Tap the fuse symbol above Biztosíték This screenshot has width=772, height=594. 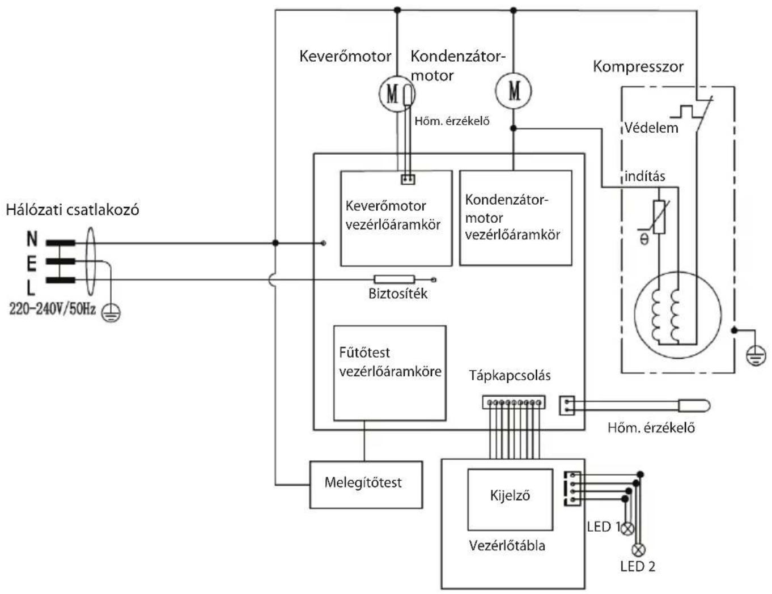click(x=395, y=279)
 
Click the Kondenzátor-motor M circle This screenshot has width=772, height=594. click(x=514, y=91)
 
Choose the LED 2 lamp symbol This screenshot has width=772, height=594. click(x=638, y=550)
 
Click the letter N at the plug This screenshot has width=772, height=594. click(x=32, y=239)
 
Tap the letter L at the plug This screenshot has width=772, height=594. click(x=31, y=288)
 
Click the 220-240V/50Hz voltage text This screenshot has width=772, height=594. click(x=52, y=309)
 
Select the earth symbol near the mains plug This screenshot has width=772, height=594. click(x=111, y=313)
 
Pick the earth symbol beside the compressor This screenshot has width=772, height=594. click(x=756, y=357)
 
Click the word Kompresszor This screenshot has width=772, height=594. click(x=638, y=67)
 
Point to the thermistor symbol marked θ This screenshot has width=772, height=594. click(x=659, y=217)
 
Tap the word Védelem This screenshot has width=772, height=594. click(x=651, y=128)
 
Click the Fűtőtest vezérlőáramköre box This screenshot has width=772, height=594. click(x=390, y=373)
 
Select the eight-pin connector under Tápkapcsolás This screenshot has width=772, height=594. click(x=514, y=402)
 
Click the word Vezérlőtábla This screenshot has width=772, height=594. click(x=507, y=546)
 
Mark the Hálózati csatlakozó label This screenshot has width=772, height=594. click(x=73, y=210)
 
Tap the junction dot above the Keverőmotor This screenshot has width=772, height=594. click(x=397, y=10)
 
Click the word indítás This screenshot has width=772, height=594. click(x=645, y=176)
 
